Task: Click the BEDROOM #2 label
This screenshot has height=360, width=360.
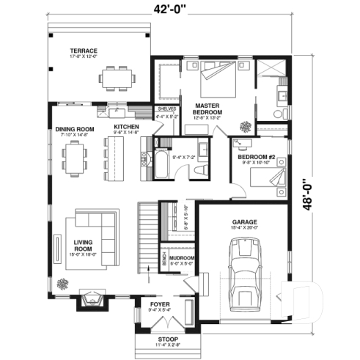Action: coord(256,157)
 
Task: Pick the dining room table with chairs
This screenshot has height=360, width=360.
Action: coord(75,159)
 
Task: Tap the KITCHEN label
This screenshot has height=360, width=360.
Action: coord(125,127)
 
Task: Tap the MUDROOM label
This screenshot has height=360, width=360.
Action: coord(180,259)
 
